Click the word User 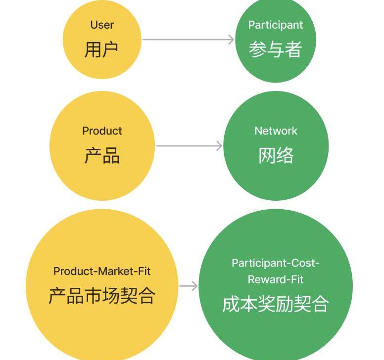102,25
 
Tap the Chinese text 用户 101,49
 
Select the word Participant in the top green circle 275,25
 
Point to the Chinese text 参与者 275,49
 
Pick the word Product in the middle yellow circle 102,131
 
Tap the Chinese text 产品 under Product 102,156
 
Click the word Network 276,131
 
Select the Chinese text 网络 276,156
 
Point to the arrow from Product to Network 188,146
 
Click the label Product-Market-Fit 102,271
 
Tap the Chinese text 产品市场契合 102,295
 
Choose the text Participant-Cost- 276,263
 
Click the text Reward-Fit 276,279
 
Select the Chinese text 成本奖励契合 276,304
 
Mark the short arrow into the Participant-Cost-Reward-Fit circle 188,286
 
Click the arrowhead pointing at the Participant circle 231,40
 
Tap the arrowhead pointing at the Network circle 219,146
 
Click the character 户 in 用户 110,49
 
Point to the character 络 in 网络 285,156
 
